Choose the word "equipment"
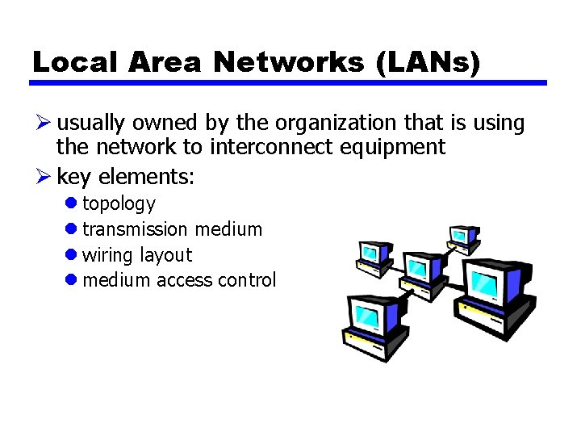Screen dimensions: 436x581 click(x=393, y=147)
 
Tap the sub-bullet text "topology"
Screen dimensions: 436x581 click(x=119, y=204)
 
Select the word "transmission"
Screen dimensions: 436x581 click(x=135, y=229)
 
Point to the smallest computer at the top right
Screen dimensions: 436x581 click(x=463, y=237)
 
